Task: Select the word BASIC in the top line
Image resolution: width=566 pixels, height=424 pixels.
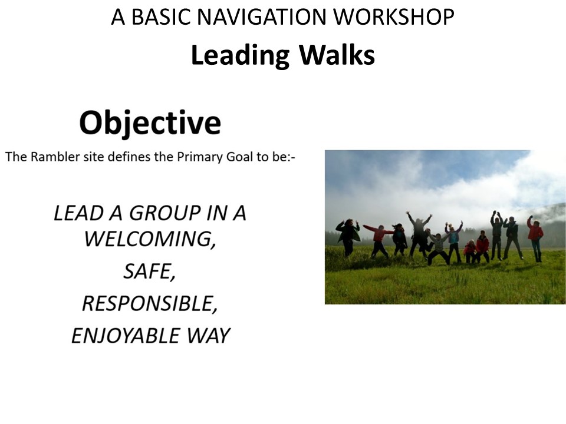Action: point(160,17)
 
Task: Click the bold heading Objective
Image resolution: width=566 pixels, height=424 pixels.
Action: point(150,123)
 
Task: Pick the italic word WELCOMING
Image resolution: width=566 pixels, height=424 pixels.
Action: point(150,238)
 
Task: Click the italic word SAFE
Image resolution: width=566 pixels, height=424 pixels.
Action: point(149,271)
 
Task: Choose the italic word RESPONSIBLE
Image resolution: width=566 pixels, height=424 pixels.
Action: point(150,304)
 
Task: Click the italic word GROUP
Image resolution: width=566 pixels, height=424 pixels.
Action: point(164,213)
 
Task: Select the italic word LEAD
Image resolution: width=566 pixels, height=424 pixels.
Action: point(78,213)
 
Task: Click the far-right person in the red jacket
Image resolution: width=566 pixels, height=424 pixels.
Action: point(535,238)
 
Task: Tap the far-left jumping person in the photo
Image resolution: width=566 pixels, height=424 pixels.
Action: point(348,237)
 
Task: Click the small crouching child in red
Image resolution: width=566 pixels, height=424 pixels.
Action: point(470,251)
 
